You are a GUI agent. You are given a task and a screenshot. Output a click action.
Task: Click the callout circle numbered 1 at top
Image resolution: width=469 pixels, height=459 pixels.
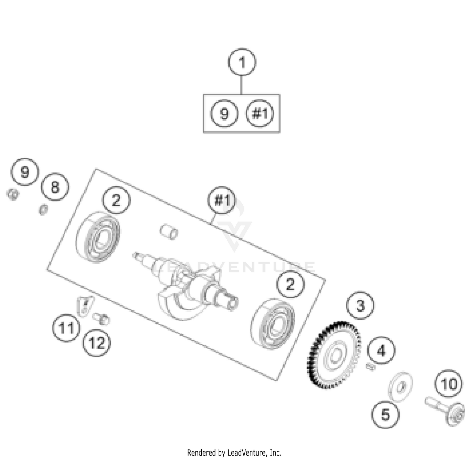tap(242, 62)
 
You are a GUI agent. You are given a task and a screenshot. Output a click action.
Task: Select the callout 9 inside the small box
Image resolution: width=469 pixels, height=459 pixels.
tap(224, 113)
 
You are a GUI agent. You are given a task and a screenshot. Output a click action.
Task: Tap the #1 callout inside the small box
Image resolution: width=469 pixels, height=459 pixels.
tap(260, 113)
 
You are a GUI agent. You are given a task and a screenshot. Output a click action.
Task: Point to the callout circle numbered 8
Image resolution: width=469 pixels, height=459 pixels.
tap(55, 187)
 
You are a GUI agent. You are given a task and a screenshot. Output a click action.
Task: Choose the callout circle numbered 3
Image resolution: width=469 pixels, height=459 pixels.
tap(360, 305)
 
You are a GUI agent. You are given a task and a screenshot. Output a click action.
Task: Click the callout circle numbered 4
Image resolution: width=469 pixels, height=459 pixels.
tap(381, 351)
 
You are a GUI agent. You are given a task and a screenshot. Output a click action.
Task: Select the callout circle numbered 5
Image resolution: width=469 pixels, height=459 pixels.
tap(385, 415)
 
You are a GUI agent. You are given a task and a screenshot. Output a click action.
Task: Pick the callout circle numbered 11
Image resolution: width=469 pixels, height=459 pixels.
tap(66, 328)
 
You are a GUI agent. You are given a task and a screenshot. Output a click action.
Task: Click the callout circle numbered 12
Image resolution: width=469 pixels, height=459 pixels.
tap(97, 343)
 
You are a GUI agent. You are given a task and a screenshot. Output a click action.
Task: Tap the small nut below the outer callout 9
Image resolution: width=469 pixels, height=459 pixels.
tap(13, 194)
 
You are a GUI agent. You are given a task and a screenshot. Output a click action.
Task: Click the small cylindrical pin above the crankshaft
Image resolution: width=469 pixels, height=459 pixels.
tap(169, 232)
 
